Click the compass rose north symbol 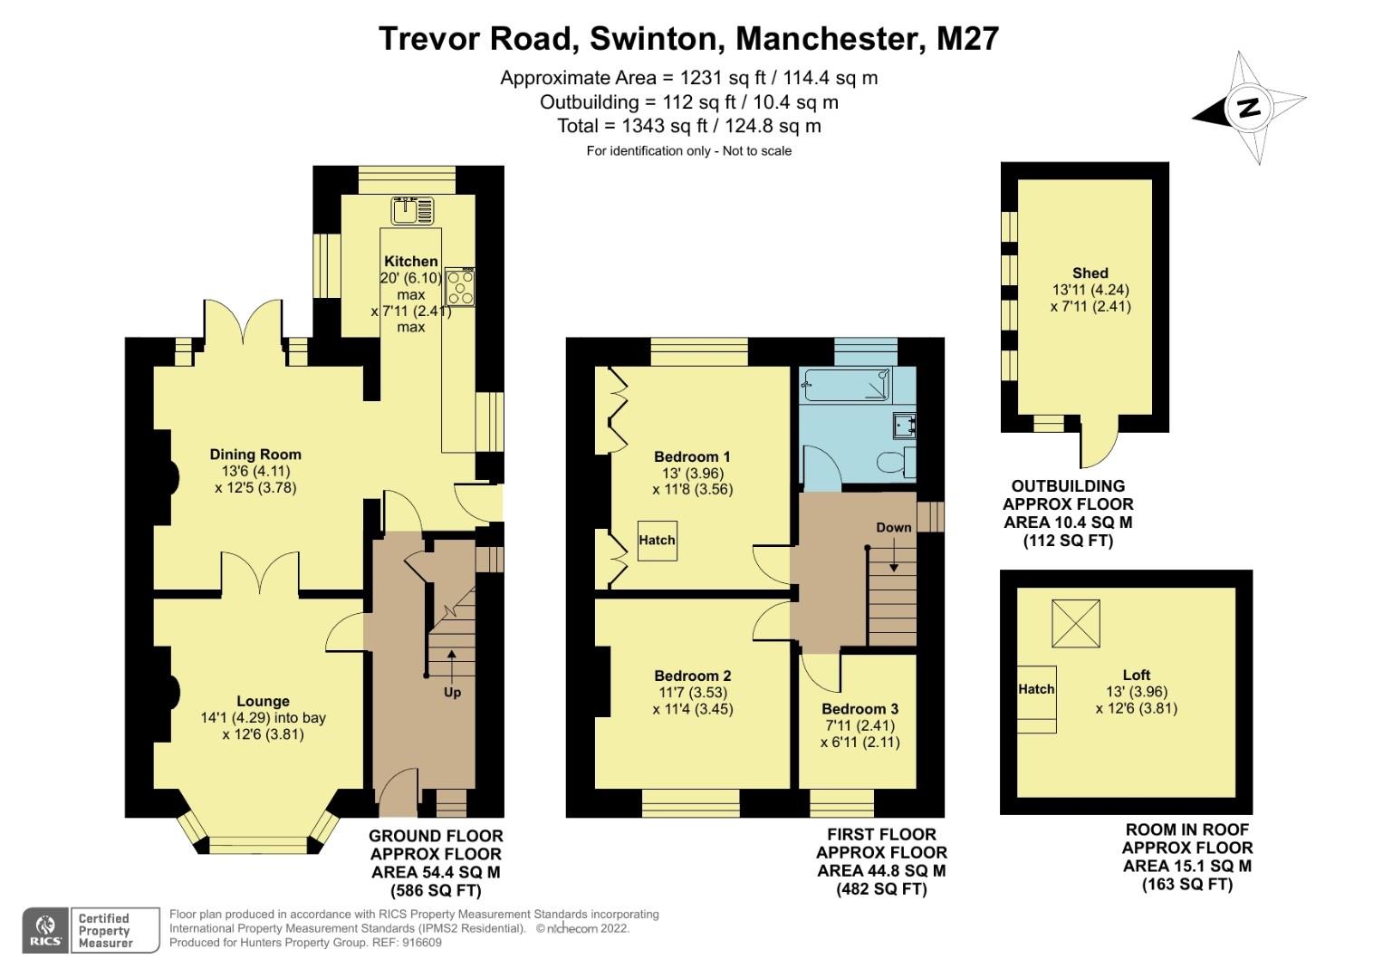click(1249, 108)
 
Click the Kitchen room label click(410, 261)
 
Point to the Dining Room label click(255, 455)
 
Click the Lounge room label click(263, 701)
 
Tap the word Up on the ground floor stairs click(452, 692)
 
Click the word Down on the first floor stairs click(894, 527)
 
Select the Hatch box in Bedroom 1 click(657, 541)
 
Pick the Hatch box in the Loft click(1036, 689)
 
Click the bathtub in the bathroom click(846, 386)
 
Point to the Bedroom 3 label click(860, 709)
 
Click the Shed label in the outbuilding click(1090, 273)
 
